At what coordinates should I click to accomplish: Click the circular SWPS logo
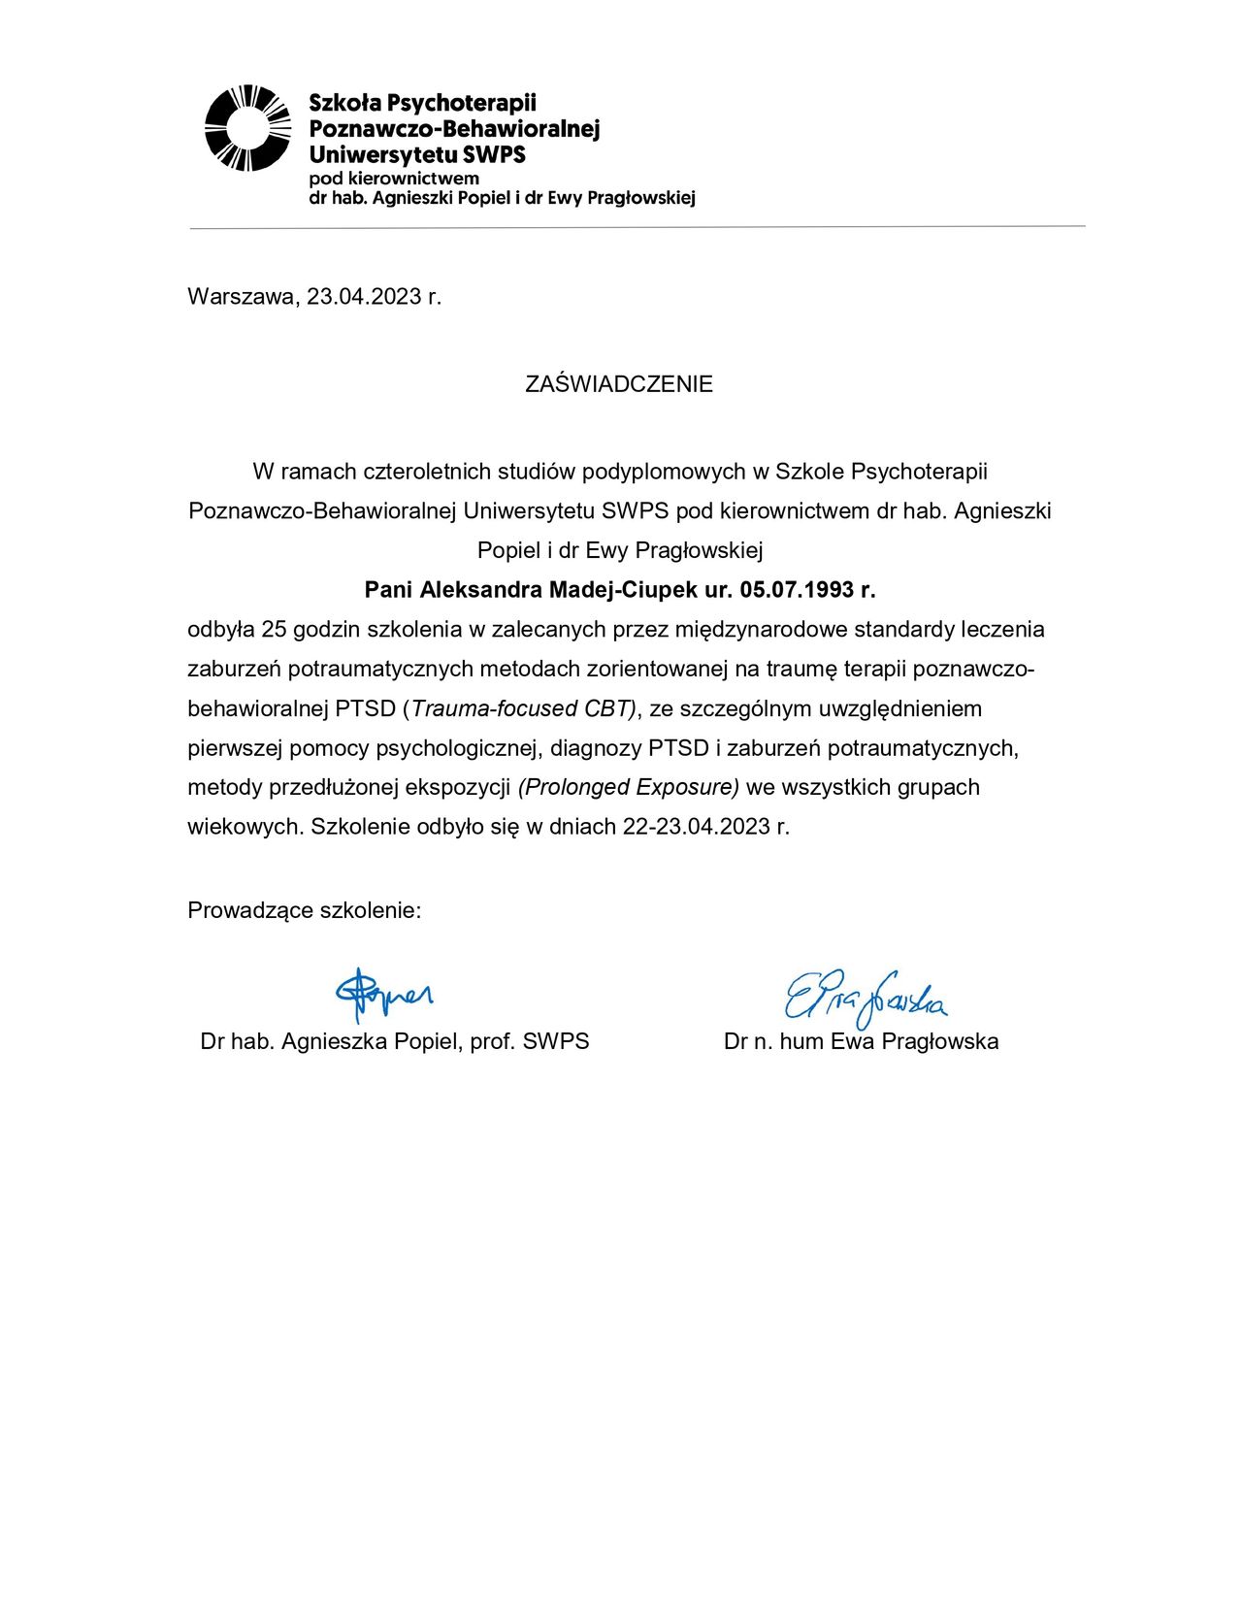click(247, 128)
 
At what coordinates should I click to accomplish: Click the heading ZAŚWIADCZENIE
click(619, 384)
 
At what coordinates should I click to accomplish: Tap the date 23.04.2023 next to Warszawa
click(365, 297)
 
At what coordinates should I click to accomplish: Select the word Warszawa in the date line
click(241, 297)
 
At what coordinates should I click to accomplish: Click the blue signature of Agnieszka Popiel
click(384, 993)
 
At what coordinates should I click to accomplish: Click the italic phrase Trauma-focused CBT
click(522, 708)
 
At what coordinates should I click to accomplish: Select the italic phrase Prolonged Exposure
click(629, 787)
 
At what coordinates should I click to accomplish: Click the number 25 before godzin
click(275, 630)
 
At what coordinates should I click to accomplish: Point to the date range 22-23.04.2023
click(696, 827)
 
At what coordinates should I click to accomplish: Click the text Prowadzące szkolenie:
click(305, 910)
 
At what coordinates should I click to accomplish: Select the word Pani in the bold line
click(388, 590)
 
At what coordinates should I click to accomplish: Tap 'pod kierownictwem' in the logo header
click(394, 179)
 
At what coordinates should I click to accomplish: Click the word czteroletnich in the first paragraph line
click(426, 472)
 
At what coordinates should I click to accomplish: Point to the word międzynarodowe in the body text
click(768, 630)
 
